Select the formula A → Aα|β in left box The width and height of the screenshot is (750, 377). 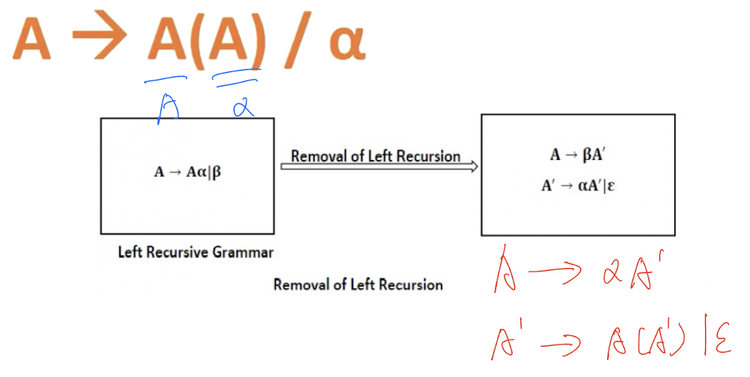pyautogui.click(x=187, y=171)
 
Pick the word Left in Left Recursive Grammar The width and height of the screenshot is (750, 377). pyautogui.click(x=130, y=252)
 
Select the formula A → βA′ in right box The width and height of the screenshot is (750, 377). pyautogui.click(x=578, y=155)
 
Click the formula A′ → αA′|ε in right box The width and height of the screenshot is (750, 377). pyautogui.click(x=578, y=186)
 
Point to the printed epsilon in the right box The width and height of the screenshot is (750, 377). pyautogui.click(x=612, y=186)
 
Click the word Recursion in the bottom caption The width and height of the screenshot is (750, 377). pyautogui.click(x=408, y=284)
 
